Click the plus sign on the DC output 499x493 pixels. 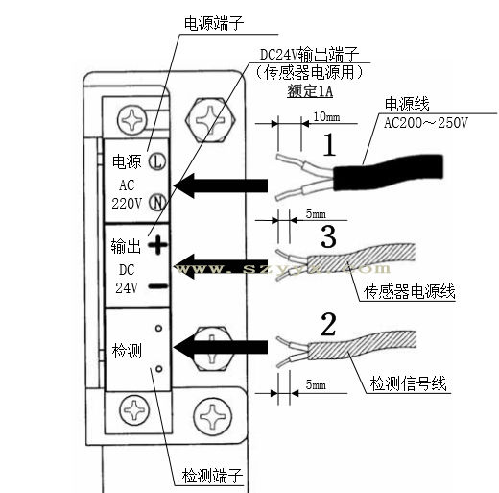(158, 246)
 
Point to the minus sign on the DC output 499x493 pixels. (158, 285)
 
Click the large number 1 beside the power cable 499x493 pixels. (329, 145)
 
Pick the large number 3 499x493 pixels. (328, 235)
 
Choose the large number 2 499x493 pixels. (328, 324)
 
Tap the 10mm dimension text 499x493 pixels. (326, 116)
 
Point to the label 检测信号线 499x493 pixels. (411, 384)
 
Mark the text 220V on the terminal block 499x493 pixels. (127, 203)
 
